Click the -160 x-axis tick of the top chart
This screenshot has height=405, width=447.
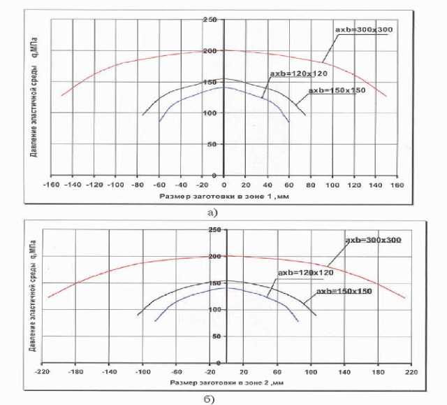[50, 185]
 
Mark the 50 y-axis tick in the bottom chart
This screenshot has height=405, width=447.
[217, 336]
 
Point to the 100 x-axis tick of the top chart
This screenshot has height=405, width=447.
[332, 185]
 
